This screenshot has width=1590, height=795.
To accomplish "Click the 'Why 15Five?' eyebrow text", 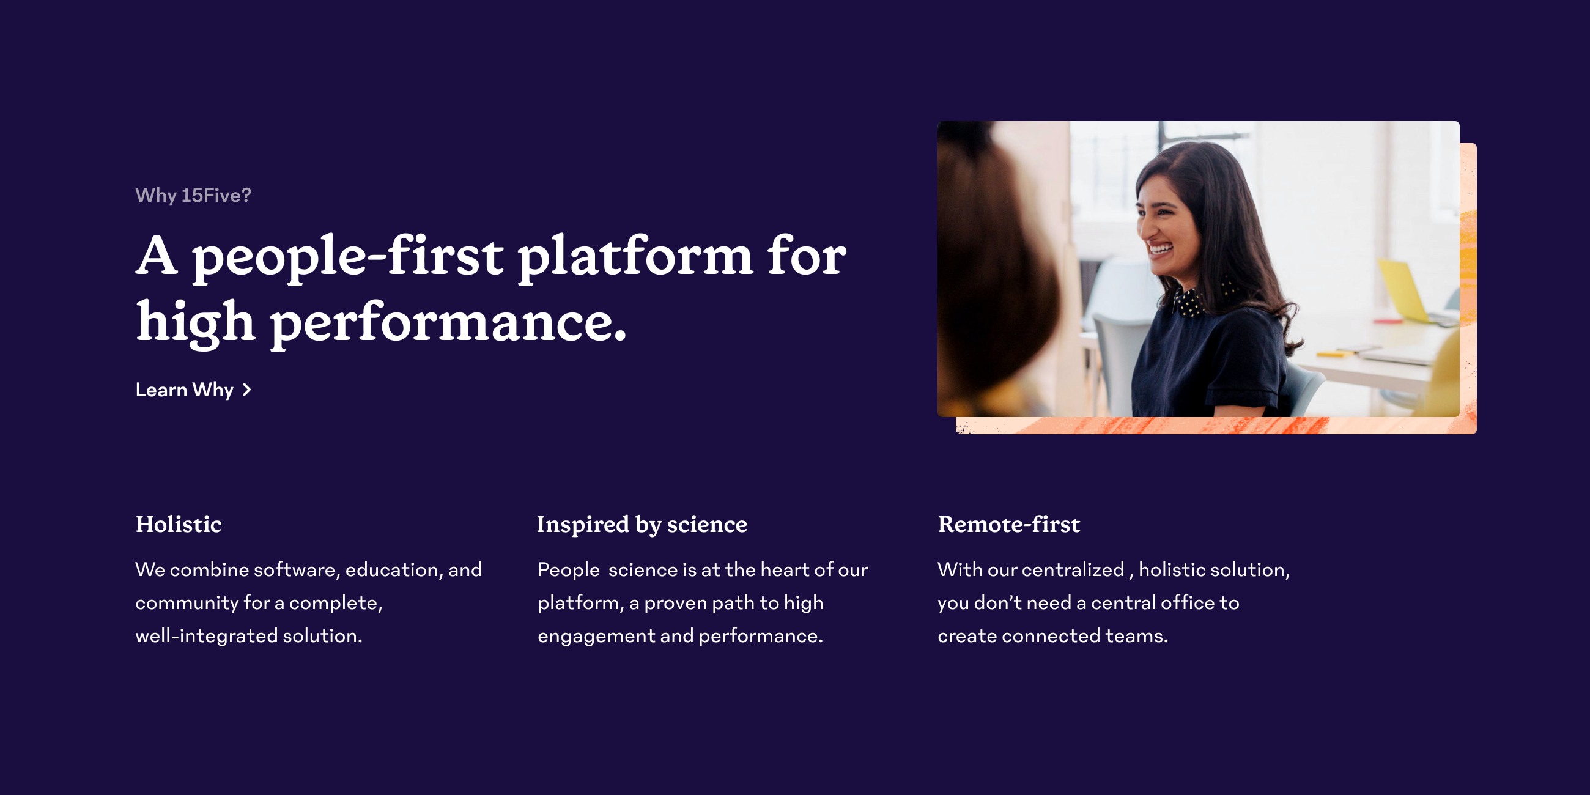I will point(193,196).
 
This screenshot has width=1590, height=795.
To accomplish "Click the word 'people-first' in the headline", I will point(347,256).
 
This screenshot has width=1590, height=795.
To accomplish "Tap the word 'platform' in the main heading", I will point(635,256).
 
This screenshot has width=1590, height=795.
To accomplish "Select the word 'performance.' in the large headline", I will point(448,322).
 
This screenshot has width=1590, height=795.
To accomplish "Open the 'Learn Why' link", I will point(185,390).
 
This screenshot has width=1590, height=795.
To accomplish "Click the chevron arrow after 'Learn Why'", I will point(247,390).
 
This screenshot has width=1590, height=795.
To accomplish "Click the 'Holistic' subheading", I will point(179,525).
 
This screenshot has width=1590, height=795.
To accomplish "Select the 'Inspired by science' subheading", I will point(642,525).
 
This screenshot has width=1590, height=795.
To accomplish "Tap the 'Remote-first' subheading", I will point(1008,525).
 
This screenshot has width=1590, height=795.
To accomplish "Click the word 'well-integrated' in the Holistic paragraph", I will point(207,636).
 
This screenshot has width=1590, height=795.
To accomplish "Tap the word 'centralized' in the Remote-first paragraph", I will point(1074,570).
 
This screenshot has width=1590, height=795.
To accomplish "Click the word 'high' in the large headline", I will point(195,322).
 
